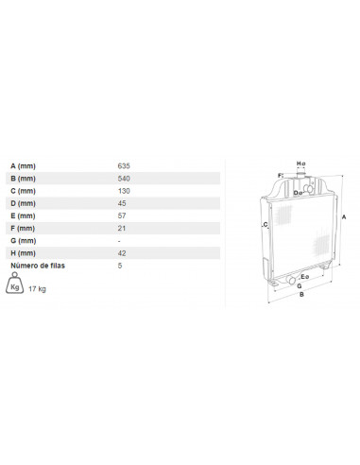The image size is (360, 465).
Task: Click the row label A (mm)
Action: tap(23, 166)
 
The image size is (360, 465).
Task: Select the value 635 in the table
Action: tap(124, 166)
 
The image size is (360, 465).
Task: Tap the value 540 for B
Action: tap(124, 179)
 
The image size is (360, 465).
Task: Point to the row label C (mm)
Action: tap(23, 191)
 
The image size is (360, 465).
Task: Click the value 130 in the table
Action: tap(124, 191)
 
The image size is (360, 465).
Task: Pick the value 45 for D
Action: tap(122, 203)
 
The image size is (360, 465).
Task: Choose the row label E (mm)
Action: tap(23, 215)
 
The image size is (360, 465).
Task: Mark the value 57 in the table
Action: tap(122, 215)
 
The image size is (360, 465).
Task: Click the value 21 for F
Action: tap(122, 229)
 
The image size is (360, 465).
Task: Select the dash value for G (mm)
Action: tap(119, 241)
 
